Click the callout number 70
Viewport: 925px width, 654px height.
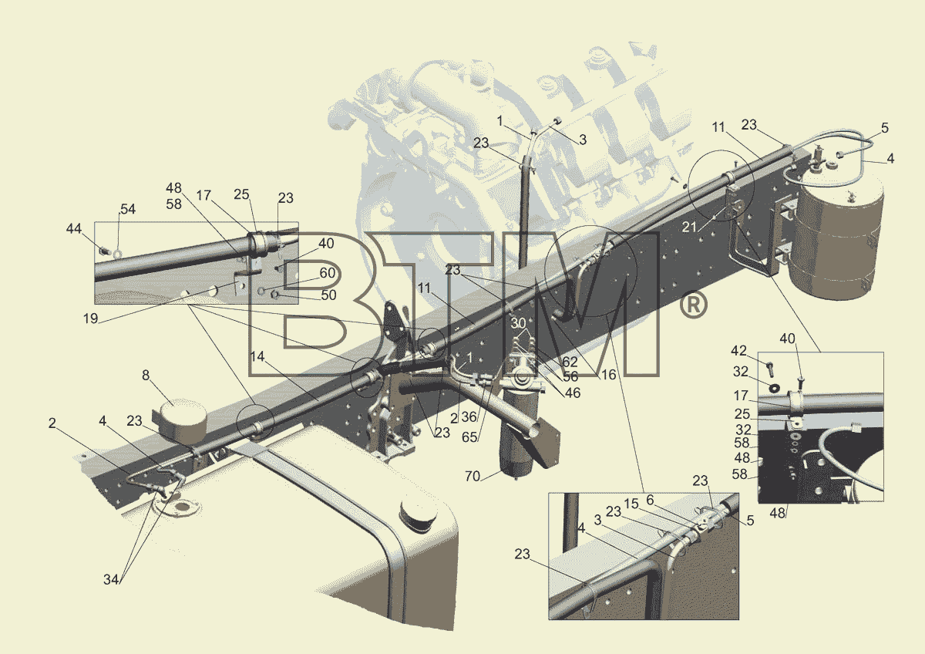click(473, 477)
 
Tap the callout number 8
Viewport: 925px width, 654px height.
click(146, 375)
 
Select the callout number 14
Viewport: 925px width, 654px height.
click(257, 356)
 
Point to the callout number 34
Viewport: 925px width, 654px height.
click(111, 580)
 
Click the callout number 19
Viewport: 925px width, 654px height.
click(90, 319)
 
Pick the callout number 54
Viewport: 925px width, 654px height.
click(128, 209)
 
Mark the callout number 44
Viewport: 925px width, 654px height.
click(74, 228)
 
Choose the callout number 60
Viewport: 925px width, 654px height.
click(327, 273)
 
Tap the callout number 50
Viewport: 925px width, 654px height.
click(328, 295)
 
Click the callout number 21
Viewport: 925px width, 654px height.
click(689, 227)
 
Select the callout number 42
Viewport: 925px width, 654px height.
click(738, 351)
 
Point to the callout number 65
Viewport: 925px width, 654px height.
click(469, 437)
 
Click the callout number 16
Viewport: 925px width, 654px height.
click(608, 375)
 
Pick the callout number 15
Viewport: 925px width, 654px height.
click(631, 504)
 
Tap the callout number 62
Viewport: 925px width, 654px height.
click(570, 362)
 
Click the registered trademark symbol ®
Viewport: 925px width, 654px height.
click(693, 305)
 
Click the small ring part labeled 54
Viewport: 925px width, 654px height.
click(118, 252)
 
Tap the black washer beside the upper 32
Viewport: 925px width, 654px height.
click(774, 387)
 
